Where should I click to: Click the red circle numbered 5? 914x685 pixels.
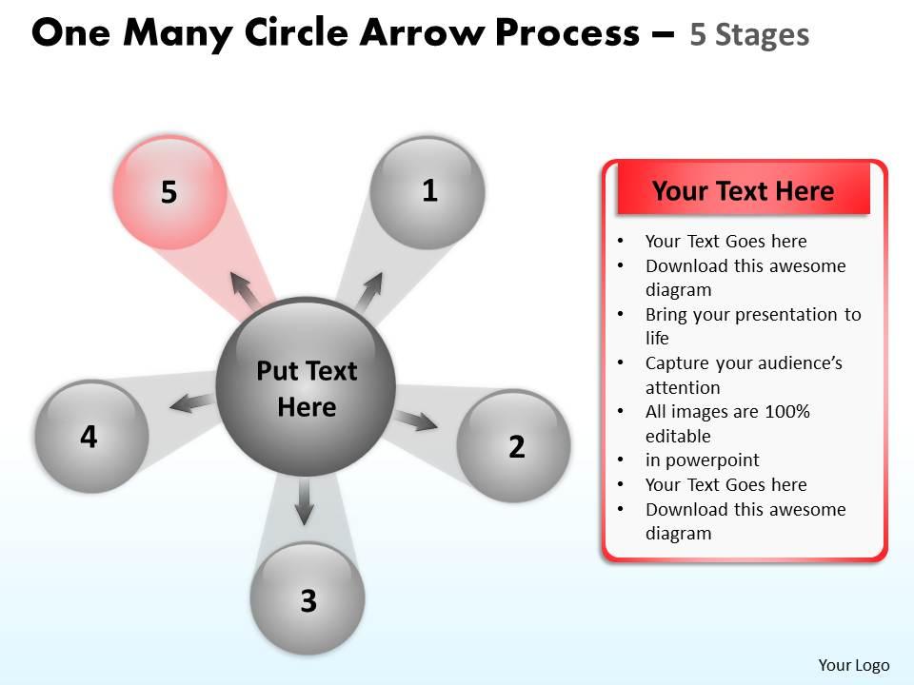pos(170,192)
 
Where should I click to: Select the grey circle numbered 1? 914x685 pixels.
pos(427,193)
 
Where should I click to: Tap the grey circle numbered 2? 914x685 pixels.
pos(514,445)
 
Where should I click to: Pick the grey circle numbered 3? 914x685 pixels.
pos(308,598)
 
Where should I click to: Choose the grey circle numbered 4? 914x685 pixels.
pos(91,437)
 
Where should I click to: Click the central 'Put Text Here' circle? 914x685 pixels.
pos(306,387)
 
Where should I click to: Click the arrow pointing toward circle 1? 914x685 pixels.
pos(369,289)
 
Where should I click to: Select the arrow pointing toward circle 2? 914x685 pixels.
pos(415,420)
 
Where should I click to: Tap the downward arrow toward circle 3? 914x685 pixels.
pos(304,500)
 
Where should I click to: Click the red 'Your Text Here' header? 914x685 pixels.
pos(743,191)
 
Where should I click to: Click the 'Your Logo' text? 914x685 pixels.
pos(853,665)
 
